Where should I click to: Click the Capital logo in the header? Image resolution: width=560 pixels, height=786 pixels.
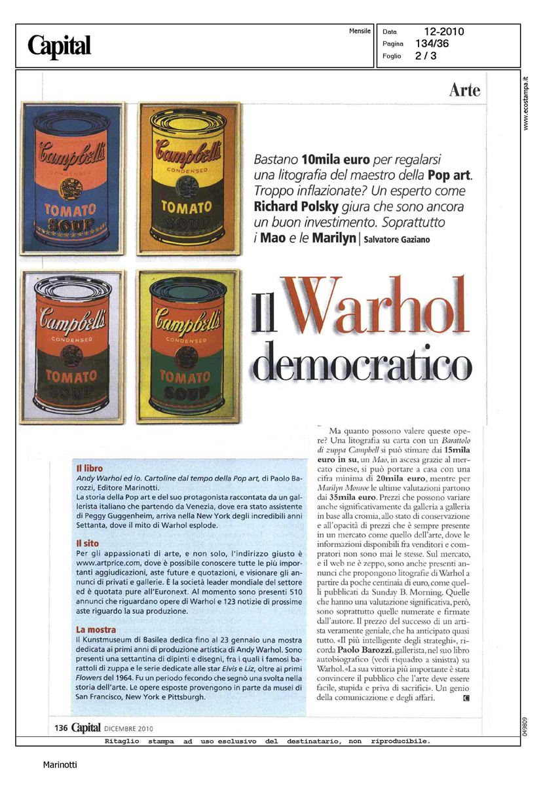point(59,46)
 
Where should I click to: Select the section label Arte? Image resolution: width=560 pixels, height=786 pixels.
point(464,90)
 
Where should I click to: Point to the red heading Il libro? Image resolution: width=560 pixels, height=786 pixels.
point(90,468)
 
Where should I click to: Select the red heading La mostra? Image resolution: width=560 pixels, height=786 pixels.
point(96,629)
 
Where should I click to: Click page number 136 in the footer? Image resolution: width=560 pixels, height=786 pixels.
point(62,728)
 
